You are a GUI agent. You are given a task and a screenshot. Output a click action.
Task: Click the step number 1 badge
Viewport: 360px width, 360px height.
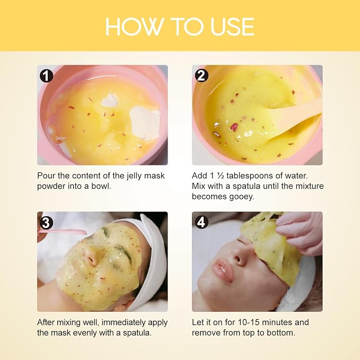tap(46, 75)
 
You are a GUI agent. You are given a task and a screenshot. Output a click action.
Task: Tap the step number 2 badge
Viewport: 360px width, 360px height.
tap(201, 75)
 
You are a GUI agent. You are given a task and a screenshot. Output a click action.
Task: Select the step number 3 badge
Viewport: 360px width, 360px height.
tap(46, 222)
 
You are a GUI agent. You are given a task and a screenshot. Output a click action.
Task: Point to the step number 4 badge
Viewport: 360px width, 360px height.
tap(201, 222)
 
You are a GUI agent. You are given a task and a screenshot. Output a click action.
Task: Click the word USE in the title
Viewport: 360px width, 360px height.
tap(232, 27)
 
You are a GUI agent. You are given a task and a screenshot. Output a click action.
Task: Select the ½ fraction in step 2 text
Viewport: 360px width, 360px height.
tap(221, 175)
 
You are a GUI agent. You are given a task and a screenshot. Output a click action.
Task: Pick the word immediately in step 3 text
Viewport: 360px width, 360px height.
tap(124, 322)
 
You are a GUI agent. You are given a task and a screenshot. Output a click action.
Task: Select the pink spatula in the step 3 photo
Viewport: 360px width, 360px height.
tap(63, 232)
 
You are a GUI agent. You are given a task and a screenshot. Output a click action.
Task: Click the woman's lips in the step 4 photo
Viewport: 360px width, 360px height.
tap(222, 270)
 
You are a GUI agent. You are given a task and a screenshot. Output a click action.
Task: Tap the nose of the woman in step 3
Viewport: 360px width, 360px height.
tap(91, 257)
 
